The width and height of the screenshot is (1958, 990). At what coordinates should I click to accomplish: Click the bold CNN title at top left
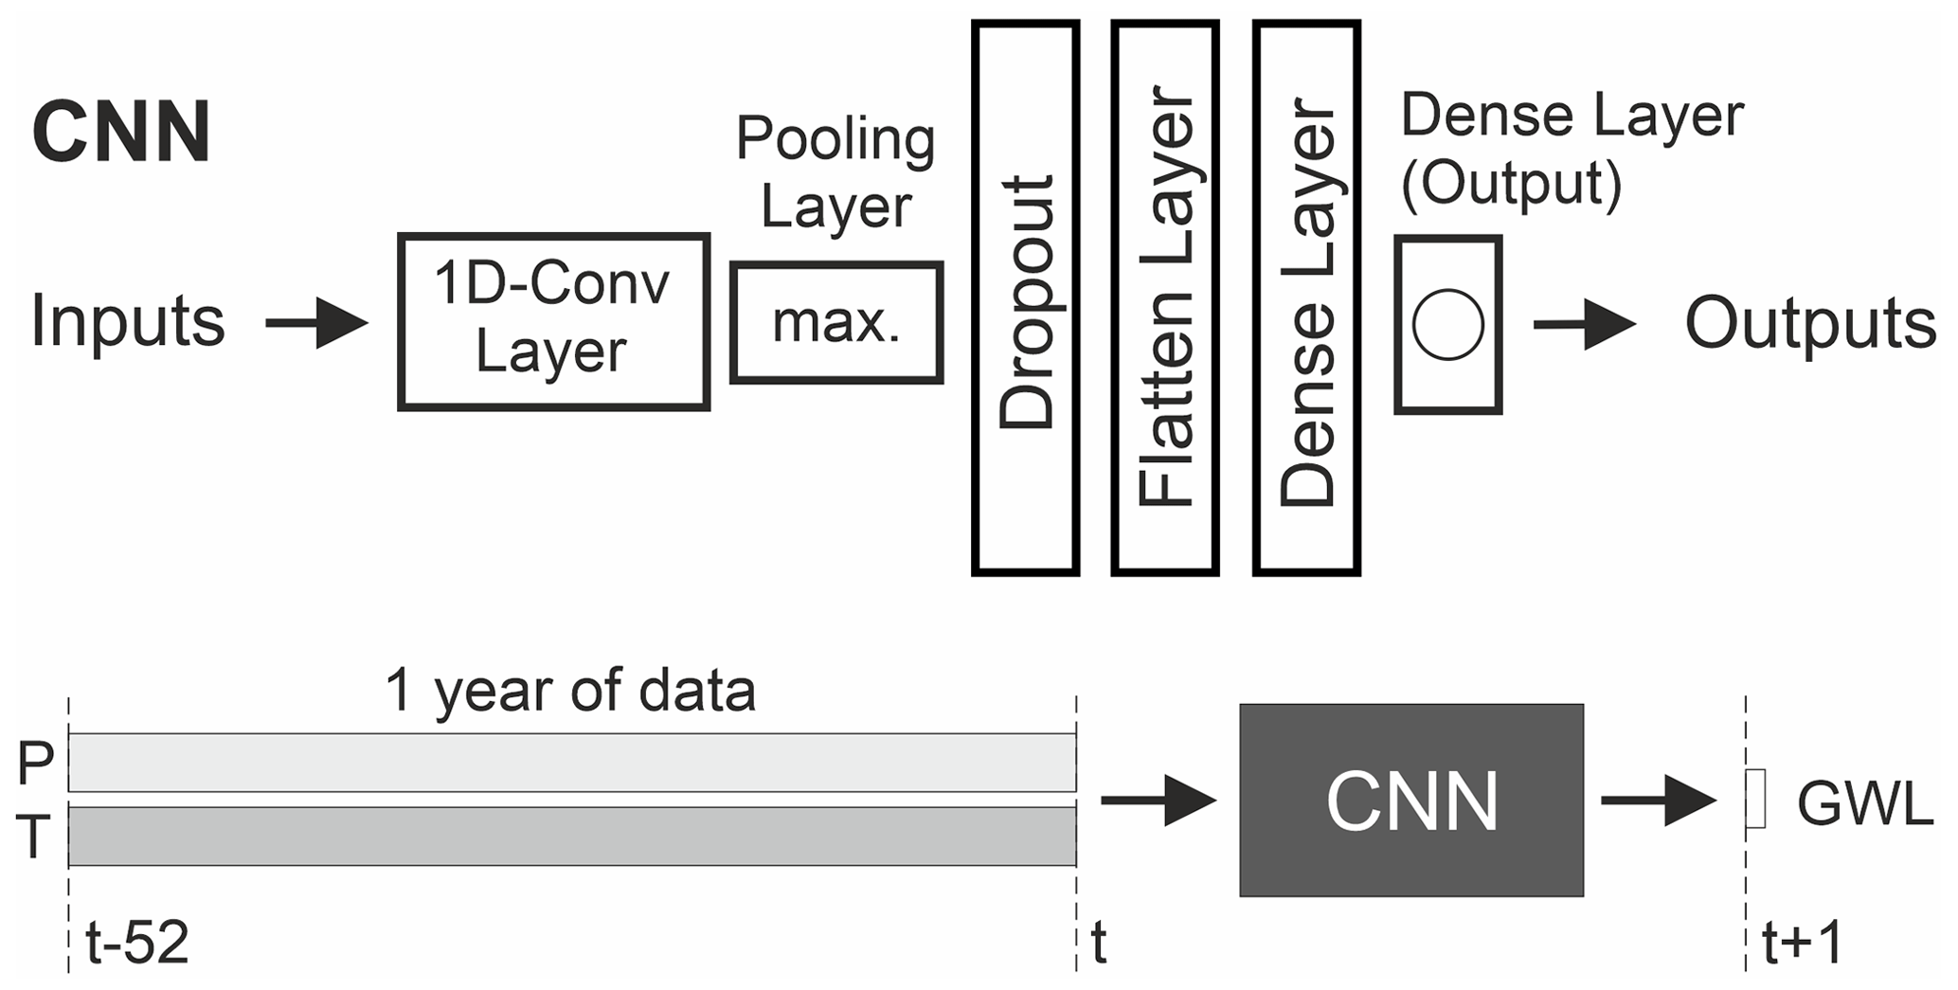[x=121, y=133]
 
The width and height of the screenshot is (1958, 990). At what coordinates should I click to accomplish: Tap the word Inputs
[x=128, y=321]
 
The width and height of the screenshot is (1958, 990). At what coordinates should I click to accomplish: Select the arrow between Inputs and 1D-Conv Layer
[x=316, y=323]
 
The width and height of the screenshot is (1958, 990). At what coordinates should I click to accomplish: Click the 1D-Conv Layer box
[x=553, y=321]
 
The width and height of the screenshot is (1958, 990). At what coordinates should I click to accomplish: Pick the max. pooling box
[x=836, y=322]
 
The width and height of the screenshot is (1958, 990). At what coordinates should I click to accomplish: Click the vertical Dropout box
[x=1026, y=298]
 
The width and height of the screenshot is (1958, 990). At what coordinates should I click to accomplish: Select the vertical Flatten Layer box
[x=1165, y=298]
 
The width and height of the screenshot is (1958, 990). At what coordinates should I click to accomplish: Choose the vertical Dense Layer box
[x=1306, y=298]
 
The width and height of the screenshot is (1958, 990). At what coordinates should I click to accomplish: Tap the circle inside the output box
[x=1447, y=324]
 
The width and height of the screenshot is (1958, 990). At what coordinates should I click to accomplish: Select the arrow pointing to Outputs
[x=1584, y=325]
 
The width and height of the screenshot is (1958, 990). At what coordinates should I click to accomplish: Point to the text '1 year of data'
[x=570, y=691]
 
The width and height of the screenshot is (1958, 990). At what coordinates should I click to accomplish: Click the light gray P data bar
[x=571, y=763]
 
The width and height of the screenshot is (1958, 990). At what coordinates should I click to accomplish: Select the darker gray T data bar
[x=571, y=837]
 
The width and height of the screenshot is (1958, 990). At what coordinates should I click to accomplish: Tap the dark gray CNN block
[x=1411, y=801]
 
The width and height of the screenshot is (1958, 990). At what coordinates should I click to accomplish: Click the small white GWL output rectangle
[x=1755, y=800]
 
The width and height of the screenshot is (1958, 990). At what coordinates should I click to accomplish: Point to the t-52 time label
[x=137, y=943]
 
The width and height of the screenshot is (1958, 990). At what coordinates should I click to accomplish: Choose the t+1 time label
[x=1803, y=943]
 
